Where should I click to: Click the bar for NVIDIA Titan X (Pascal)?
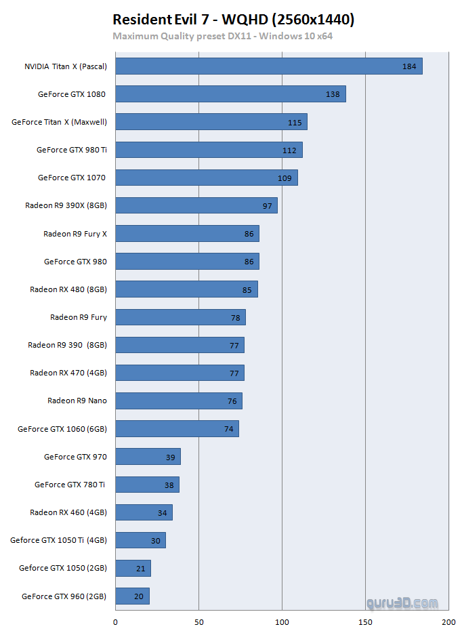[x=269, y=66]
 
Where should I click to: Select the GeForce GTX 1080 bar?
[x=230, y=94]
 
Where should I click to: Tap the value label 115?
[x=295, y=122]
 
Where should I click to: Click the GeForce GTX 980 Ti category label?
[x=72, y=150]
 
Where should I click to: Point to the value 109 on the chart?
[x=285, y=178]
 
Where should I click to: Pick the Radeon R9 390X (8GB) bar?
[x=196, y=205]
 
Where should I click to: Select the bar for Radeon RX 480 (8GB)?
[x=186, y=289]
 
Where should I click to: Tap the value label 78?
[x=235, y=317]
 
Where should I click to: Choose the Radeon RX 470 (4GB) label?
[x=68, y=373]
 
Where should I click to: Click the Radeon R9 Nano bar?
[x=179, y=401]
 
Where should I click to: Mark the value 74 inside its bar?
[x=228, y=429]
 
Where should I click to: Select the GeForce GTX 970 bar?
[x=148, y=457]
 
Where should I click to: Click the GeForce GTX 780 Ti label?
[x=70, y=485]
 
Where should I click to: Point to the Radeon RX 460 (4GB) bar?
[x=144, y=512]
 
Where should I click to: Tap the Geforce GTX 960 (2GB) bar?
[x=132, y=596]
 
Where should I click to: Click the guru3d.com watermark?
[x=402, y=603]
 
